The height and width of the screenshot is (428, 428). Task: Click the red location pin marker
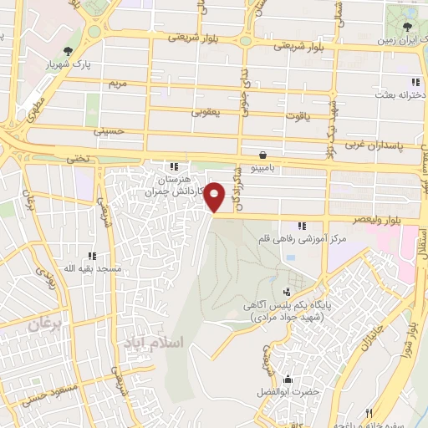[215, 196]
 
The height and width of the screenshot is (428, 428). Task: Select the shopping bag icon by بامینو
[265, 155]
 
